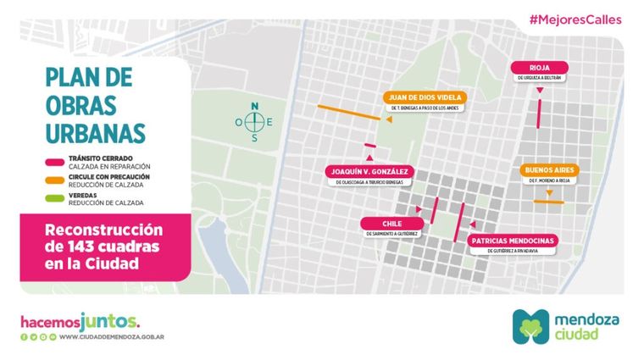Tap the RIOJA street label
point(539,68)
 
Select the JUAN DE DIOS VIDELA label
point(424,97)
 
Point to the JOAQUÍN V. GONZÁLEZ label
point(369,171)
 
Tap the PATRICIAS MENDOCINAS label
point(513,241)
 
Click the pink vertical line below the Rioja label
point(539,108)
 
